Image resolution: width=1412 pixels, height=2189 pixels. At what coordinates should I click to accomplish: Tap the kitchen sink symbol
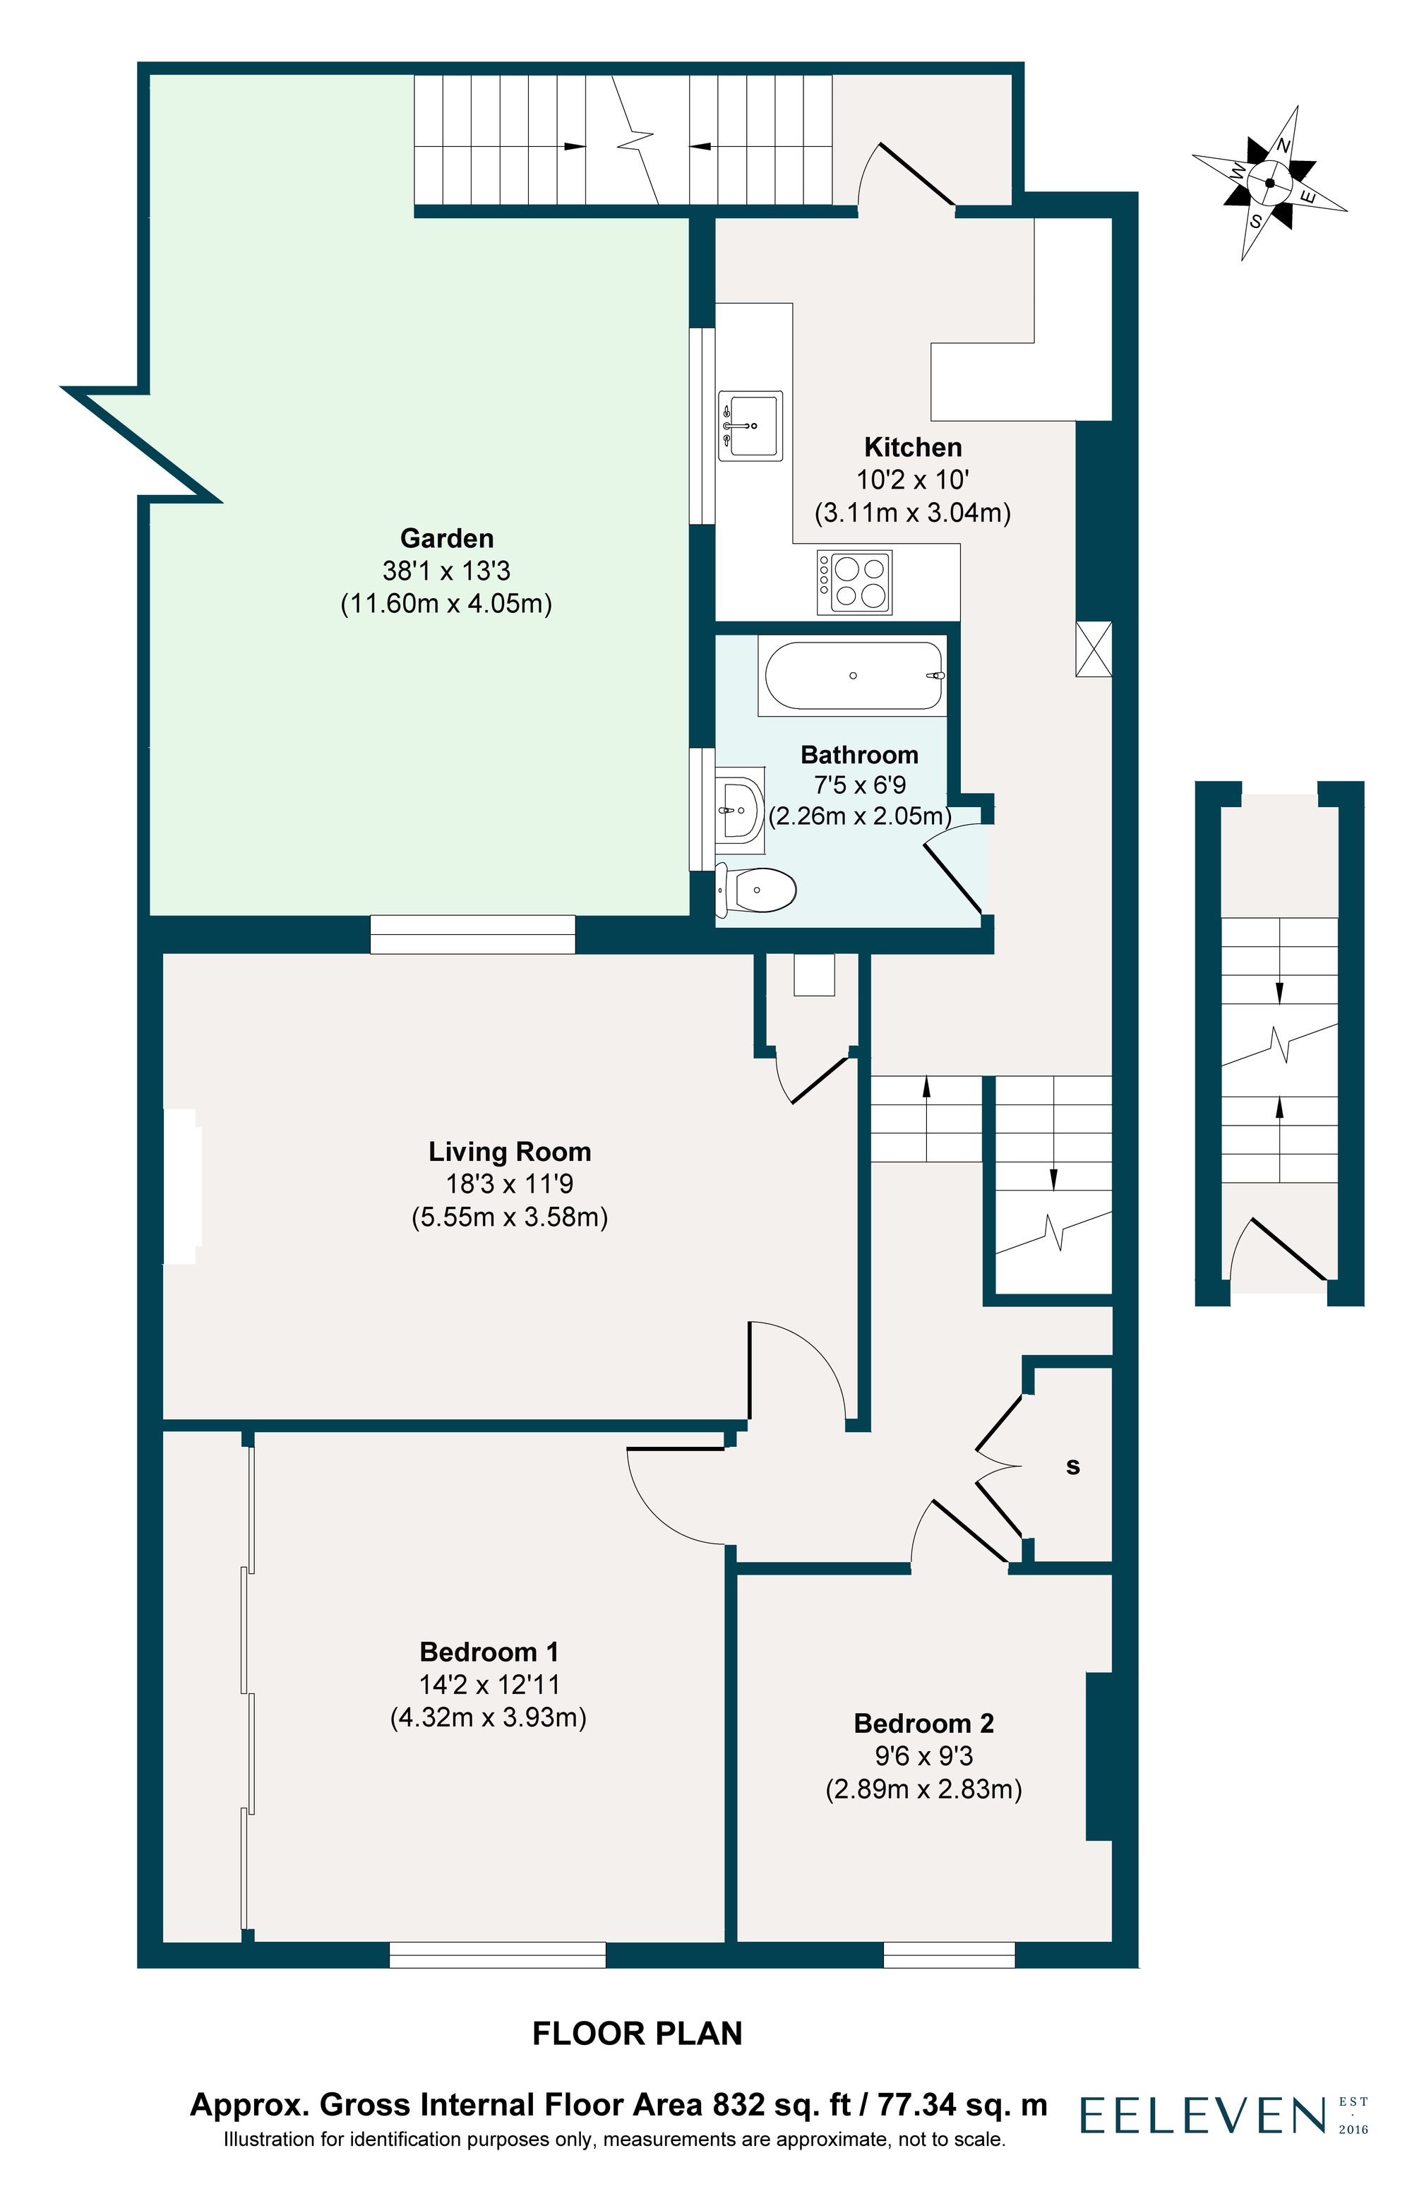pos(750,426)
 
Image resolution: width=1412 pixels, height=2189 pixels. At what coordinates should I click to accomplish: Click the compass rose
pos(1270,182)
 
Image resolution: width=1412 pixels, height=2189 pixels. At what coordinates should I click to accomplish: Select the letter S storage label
pos(1072,1467)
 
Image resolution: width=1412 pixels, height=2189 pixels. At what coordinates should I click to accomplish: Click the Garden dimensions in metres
pos(445,604)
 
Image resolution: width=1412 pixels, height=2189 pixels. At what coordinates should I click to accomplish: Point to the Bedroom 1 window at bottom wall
pos(497,1955)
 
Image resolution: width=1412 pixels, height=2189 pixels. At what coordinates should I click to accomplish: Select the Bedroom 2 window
pos(949,1955)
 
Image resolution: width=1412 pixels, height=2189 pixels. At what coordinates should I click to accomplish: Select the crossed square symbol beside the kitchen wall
pos(1093,649)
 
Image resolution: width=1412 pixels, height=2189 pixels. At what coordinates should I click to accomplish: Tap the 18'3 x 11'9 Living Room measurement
pos(509,1184)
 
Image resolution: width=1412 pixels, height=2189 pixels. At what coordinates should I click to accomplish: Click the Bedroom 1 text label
pos(488,1652)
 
